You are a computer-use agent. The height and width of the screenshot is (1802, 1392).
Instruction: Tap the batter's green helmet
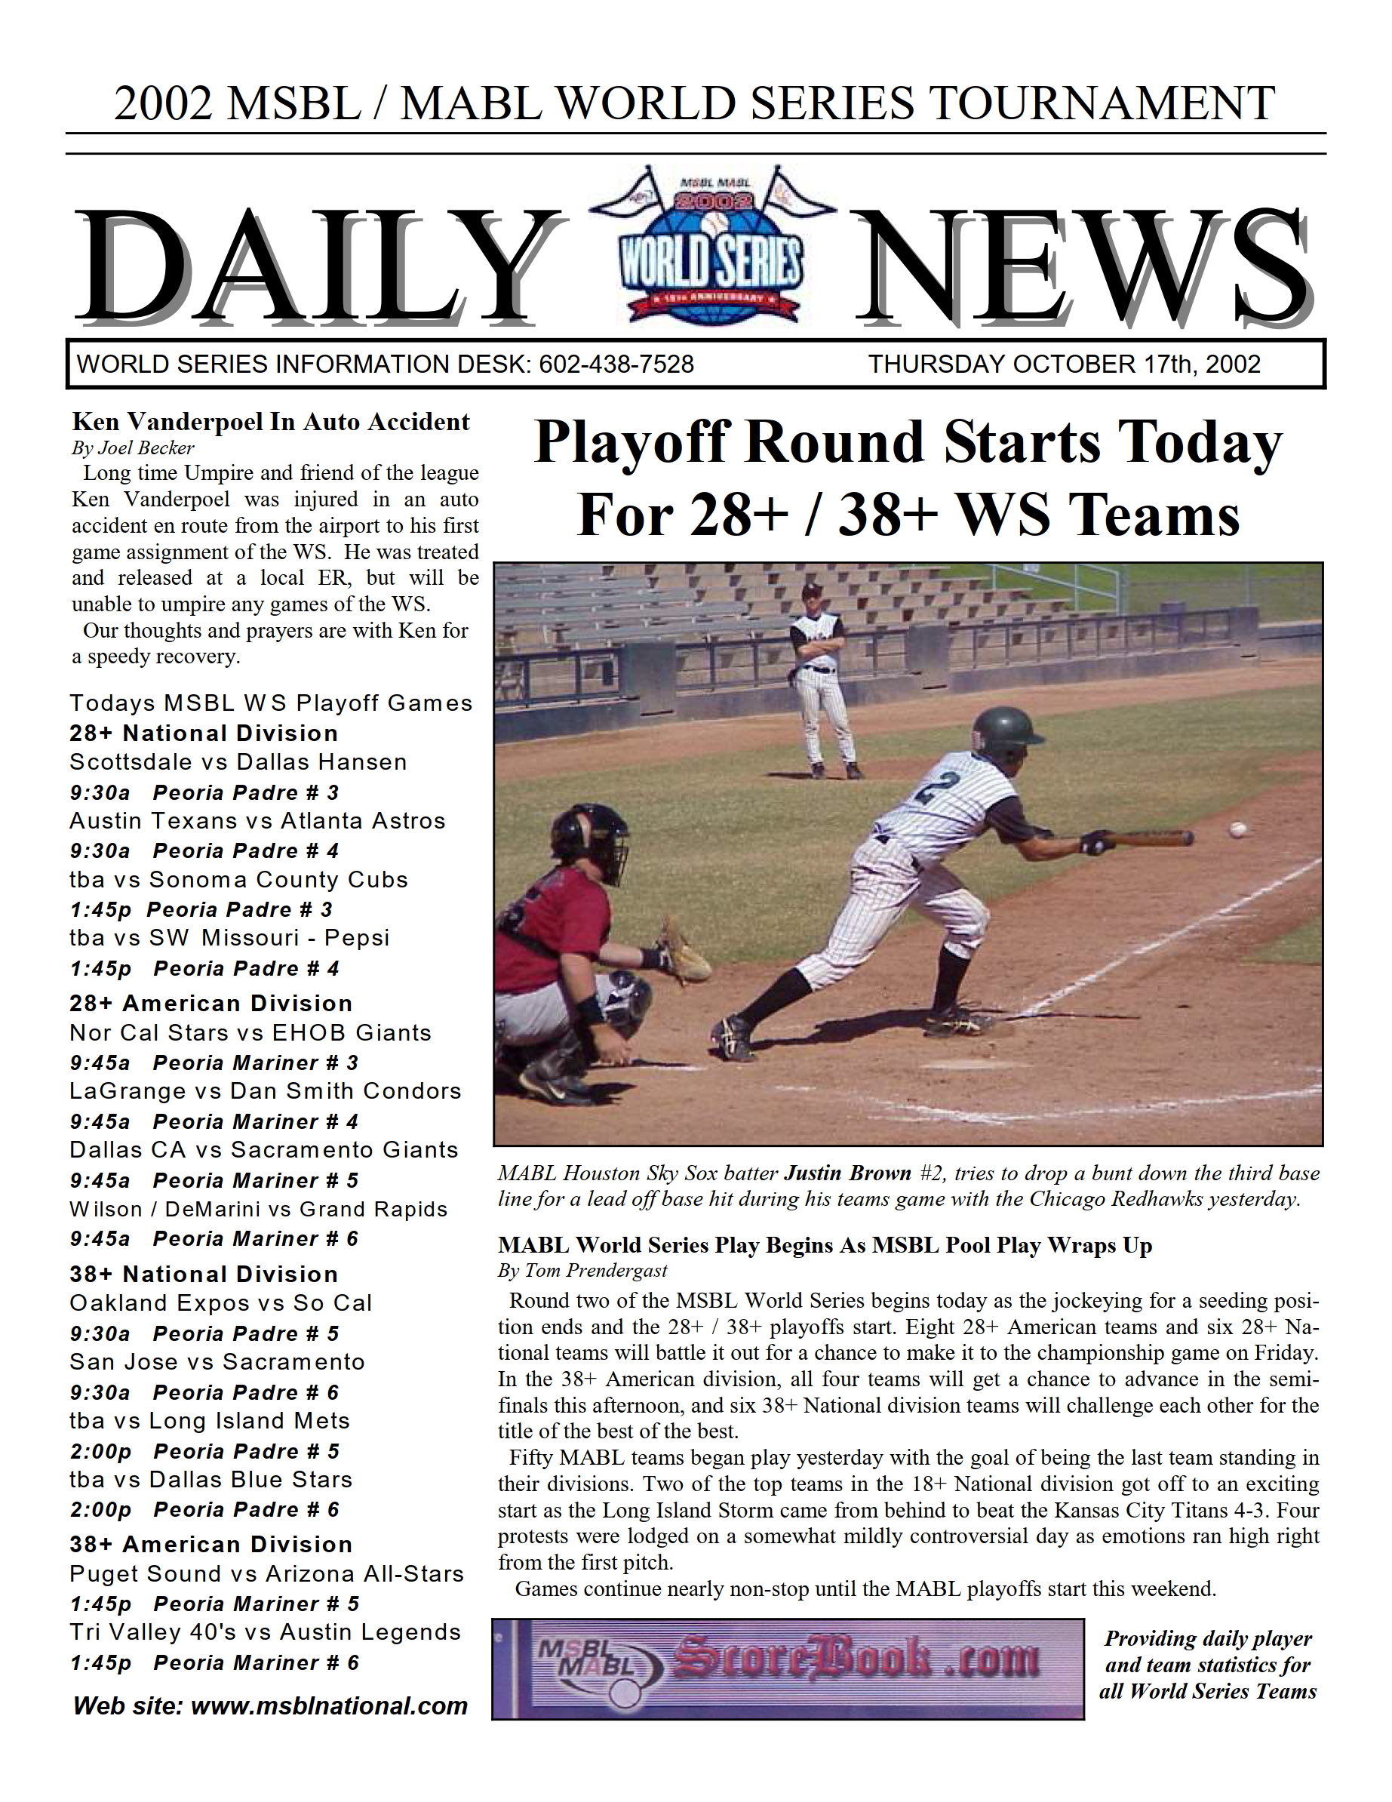click(x=1005, y=730)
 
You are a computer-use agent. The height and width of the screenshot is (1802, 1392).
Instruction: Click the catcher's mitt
click(x=684, y=954)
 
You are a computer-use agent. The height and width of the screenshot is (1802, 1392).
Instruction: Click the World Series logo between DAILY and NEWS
click(x=711, y=247)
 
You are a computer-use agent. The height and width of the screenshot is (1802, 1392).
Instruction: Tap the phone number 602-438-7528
click(x=616, y=364)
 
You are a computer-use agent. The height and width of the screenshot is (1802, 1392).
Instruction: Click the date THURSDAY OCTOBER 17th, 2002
click(x=1064, y=364)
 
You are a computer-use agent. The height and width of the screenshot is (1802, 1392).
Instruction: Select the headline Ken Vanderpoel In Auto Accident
click(x=271, y=422)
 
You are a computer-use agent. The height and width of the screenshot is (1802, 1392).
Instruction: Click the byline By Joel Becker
click(x=133, y=448)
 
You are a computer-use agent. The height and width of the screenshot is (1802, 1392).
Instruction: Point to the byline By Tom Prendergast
click(x=582, y=1271)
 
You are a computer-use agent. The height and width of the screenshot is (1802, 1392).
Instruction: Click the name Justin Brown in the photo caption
click(x=847, y=1173)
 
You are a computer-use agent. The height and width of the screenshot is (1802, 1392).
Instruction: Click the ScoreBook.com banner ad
click(x=787, y=1668)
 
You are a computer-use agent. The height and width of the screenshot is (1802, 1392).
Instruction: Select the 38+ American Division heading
click(x=211, y=1544)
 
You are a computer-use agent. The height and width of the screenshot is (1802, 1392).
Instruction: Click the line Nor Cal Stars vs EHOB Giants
click(x=250, y=1032)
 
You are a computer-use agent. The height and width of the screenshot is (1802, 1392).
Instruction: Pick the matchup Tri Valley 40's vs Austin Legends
click(x=265, y=1632)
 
